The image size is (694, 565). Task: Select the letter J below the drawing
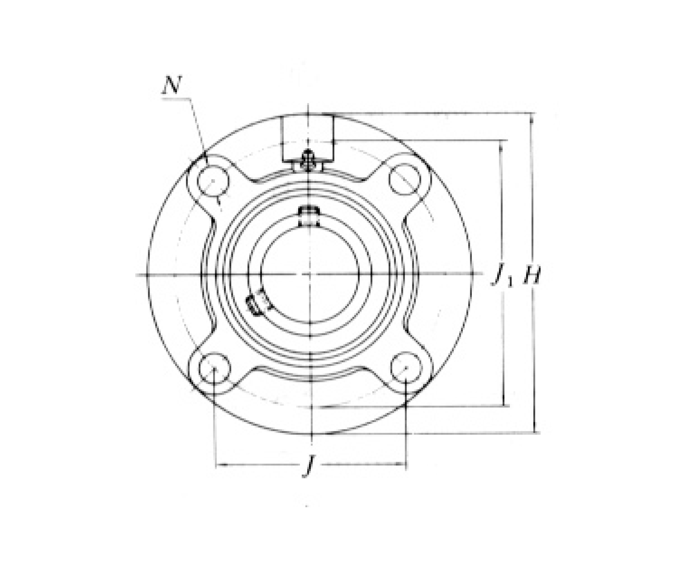click(x=309, y=466)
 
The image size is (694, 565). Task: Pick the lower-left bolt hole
click(x=215, y=368)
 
